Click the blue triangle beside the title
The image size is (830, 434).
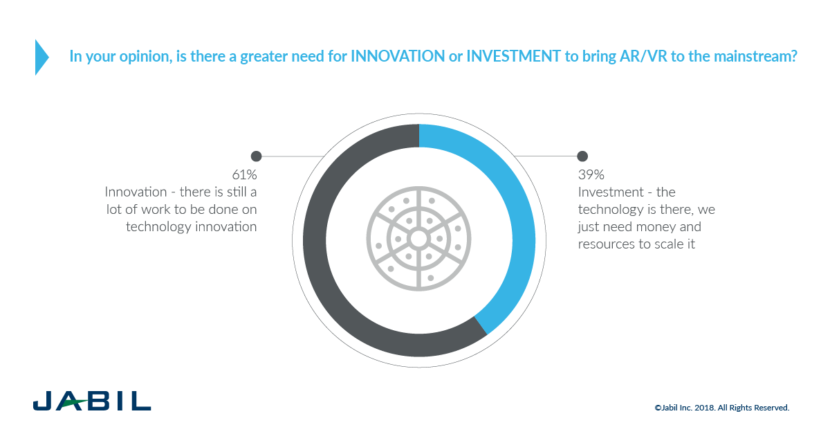click(x=41, y=57)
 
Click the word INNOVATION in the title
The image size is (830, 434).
click(x=398, y=56)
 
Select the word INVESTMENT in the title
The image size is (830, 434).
click(x=513, y=56)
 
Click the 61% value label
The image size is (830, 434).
click(x=244, y=174)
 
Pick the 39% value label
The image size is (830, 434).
click(x=591, y=174)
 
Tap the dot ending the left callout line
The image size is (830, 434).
click(x=256, y=156)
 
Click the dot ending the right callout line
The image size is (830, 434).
click(x=582, y=156)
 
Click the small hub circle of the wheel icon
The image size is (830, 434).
click(x=418, y=239)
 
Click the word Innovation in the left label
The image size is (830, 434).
click(x=136, y=192)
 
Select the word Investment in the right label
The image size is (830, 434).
click(x=611, y=192)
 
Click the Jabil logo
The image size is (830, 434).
click(x=92, y=401)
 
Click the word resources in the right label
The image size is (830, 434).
click(x=606, y=244)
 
